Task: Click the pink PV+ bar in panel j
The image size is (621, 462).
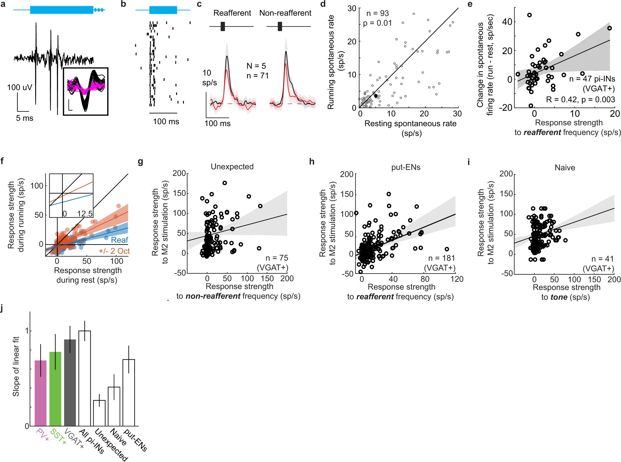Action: [40, 393]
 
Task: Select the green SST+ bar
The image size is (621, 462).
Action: [55, 388]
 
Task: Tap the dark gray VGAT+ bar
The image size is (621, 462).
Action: [70, 383]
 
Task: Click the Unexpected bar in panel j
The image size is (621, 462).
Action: [99, 413]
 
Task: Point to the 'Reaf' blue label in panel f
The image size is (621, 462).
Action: [119, 240]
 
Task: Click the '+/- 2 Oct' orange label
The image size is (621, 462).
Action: [114, 251]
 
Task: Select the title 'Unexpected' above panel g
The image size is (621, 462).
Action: [232, 167]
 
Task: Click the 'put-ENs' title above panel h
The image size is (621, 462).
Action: [406, 167]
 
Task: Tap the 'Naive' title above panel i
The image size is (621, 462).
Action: [565, 168]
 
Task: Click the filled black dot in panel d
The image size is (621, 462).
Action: [376, 96]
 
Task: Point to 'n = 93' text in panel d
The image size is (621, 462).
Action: [378, 13]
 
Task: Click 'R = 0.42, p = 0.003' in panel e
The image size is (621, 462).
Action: [580, 100]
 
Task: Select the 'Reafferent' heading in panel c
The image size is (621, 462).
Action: [232, 13]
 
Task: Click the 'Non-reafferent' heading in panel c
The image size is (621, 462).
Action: [285, 13]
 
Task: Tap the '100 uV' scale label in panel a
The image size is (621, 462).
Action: [20, 87]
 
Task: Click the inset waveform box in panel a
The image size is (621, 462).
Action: [86, 91]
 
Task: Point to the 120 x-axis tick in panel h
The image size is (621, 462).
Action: [456, 279]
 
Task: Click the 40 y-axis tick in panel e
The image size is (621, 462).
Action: [507, 22]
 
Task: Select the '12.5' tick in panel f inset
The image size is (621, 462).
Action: [85, 214]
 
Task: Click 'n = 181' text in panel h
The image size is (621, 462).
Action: [441, 258]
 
